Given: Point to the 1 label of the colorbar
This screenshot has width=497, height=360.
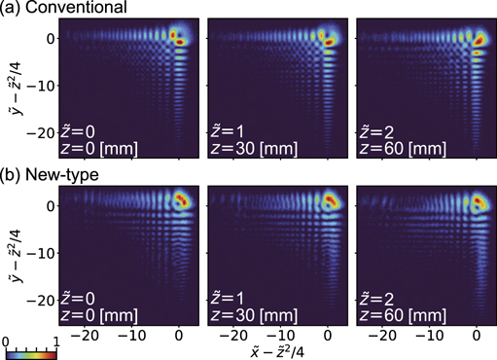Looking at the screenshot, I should click(56, 342).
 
